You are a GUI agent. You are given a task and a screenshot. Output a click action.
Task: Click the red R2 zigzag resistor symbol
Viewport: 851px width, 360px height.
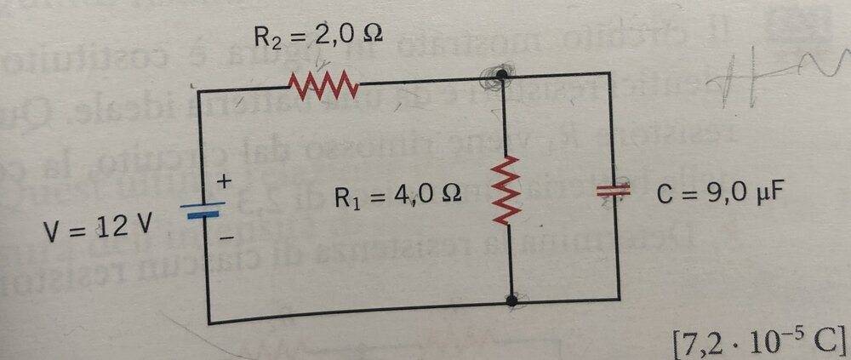click(x=323, y=87)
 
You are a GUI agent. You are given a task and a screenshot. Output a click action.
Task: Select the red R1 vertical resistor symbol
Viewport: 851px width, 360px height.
click(x=505, y=190)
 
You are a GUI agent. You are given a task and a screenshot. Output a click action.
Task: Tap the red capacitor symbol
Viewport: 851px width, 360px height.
click(x=614, y=190)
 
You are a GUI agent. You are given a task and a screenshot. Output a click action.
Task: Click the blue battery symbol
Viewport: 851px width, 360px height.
click(x=203, y=211)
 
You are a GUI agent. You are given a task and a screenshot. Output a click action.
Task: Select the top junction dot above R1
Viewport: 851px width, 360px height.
click(x=503, y=75)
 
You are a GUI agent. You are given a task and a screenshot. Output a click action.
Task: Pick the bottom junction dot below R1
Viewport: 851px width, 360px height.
click(x=511, y=300)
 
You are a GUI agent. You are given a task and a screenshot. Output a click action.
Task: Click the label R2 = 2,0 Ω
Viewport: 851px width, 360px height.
click(x=318, y=36)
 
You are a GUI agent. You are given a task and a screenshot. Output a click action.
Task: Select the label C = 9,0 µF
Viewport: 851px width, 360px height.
click(x=719, y=193)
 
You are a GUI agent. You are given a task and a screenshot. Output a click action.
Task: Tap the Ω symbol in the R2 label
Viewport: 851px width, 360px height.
click(x=373, y=34)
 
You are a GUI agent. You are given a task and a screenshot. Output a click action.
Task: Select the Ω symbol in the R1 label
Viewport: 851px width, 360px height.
click(x=451, y=194)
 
